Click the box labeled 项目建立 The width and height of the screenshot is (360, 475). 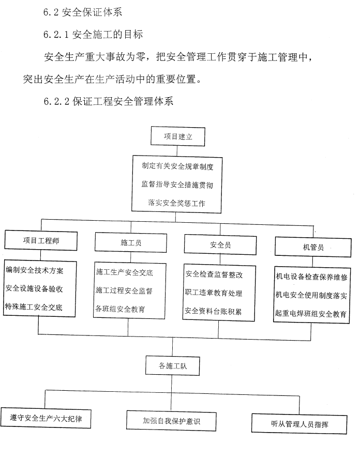click(x=178, y=136)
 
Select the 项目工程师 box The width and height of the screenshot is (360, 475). click(x=41, y=241)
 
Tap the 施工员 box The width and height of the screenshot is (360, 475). click(x=131, y=242)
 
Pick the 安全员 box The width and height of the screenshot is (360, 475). click(x=220, y=245)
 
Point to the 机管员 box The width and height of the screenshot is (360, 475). click(x=313, y=247)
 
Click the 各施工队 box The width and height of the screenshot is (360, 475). click(x=172, y=366)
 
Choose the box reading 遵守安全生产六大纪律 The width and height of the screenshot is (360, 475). click(x=46, y=418)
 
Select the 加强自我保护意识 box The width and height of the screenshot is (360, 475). click(x=171, y=421)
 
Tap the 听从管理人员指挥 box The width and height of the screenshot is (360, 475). click(x=299, y=424)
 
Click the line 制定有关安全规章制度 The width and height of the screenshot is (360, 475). click(x=177, y=166)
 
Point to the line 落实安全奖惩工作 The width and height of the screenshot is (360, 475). click(x=177, y=203)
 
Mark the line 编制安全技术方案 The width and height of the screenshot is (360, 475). click(x=35, y=270)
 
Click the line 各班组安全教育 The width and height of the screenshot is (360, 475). click(x=121, y=309)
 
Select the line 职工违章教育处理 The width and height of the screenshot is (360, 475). click(x=214, y=293)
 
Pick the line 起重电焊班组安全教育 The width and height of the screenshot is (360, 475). click(x=311, y=314)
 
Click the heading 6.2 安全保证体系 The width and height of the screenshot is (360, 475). click(x=83, y=12)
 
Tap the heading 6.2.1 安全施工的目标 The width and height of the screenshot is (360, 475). click(x=93, y=35)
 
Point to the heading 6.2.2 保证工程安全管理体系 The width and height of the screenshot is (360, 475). click(x=108, y=101)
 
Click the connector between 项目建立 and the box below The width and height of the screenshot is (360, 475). click(x=177, y=151)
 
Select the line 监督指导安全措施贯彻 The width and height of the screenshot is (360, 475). click(x=177, y=184)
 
